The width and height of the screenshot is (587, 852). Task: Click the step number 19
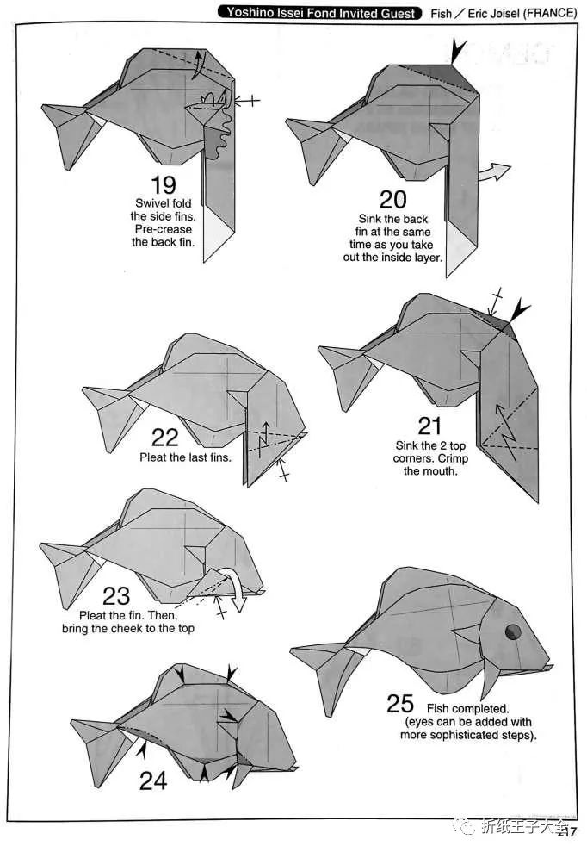[x=164, y=185]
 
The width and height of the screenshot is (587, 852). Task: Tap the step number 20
[x=393, y=199]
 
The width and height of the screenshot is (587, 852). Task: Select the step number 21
[x=429, y=426]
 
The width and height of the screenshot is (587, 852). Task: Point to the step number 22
[x=164, y=438]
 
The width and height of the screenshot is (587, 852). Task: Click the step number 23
[x=116, y=596]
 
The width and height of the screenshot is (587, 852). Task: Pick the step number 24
[x=153, y=781]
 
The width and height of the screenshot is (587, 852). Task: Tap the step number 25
[x=400, y=704]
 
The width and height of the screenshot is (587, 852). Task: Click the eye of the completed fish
[x=513, y=632]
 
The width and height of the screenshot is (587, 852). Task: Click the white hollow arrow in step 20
[x=495, y=171]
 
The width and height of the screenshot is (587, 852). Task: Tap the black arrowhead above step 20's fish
[x=458, y=50]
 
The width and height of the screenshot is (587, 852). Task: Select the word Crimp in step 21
[x=453, y=458]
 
